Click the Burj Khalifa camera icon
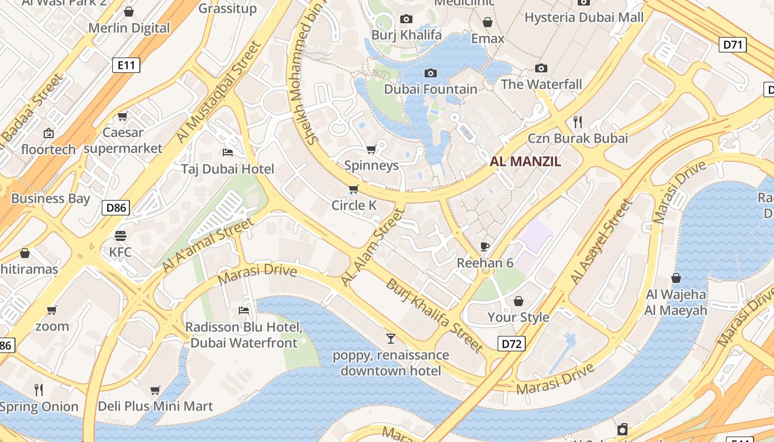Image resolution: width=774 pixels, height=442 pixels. tap(406, 19)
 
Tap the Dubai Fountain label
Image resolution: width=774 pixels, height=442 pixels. tap(431, 89)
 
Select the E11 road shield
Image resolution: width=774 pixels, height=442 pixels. tap(126, 65)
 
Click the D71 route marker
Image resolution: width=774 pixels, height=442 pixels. tap(733, 45)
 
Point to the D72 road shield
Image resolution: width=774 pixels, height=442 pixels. tap(511, 344)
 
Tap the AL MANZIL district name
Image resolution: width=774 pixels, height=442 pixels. tap(525, 161)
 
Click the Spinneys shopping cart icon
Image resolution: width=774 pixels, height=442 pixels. tap(372, 149)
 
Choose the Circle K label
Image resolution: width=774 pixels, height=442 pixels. tap(354, 206)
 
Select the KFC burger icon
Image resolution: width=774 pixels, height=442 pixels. tap(121, 236)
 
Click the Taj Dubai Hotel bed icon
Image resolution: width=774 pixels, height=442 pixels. tap(227, 152)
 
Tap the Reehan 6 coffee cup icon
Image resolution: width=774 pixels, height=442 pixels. tap(485, 246)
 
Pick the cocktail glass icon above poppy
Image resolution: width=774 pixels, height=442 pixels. tap(391, 338)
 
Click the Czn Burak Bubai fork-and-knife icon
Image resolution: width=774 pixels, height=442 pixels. tap(578, 122)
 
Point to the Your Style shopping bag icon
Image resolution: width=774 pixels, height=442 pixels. tap(518, 301)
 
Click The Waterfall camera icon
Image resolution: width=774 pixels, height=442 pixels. tap(541, 68)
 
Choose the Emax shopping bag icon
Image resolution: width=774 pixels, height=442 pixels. tap(488, 22)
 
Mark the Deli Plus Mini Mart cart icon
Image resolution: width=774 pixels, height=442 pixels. tap(155, 391)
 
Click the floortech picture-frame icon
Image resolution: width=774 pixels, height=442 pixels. tap(49, 133)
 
